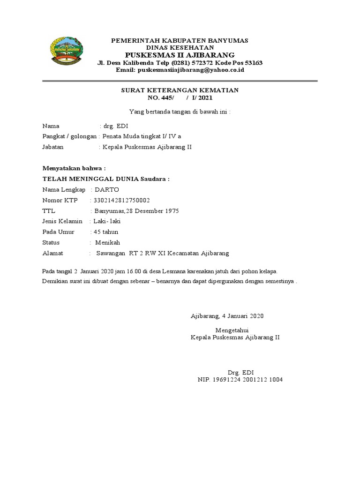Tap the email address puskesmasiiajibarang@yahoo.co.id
pos(191,70)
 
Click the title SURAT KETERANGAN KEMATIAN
pos(180,90)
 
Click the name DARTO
pos(107,190)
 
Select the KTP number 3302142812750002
pos(122,201)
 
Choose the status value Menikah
pos(108,243)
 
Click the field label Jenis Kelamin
pos(62,221)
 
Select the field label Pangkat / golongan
pos(70,136)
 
